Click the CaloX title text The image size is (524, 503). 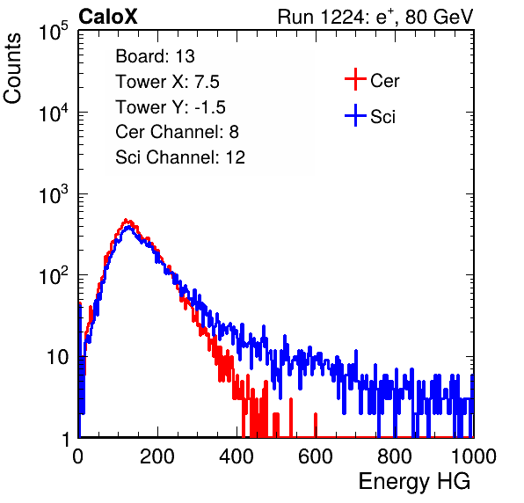pyautogui.click(x=108, y=17)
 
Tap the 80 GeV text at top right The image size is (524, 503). pyautogui.click(x=439, y=17)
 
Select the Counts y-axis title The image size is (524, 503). pyautogui.click(x=12, y=69)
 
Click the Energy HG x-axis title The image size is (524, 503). pyautogui.click(x=414, y=482)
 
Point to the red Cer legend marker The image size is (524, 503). pyautogui.click(x=355, y=79)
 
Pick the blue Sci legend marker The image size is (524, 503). pyautogui.click(x=355, y=116)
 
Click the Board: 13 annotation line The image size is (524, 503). pyautogui.click(x=155, y=56)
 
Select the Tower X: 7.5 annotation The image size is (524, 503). pyautogui.click(x=167, y=82)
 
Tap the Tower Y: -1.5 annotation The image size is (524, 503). pyautogui.click(x=171, y=107)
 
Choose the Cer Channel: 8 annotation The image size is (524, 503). pyautogui.click(x=177, y=132)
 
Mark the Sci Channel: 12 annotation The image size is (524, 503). pyautogui.click(x=180, y=157)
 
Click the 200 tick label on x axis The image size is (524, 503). pyautogui.click(x=157, y=456)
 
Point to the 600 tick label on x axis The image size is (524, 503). pyautogui.click(x=316, y=456)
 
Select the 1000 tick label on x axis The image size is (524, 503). pyautogui.click(x=474, y=456)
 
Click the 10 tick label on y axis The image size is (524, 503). pyautogui.click(x=58, y=357)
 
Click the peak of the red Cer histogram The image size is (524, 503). pyautogui.click(x=126, y=220)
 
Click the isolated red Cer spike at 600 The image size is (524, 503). pyautogui.click(x=316, y=425)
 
